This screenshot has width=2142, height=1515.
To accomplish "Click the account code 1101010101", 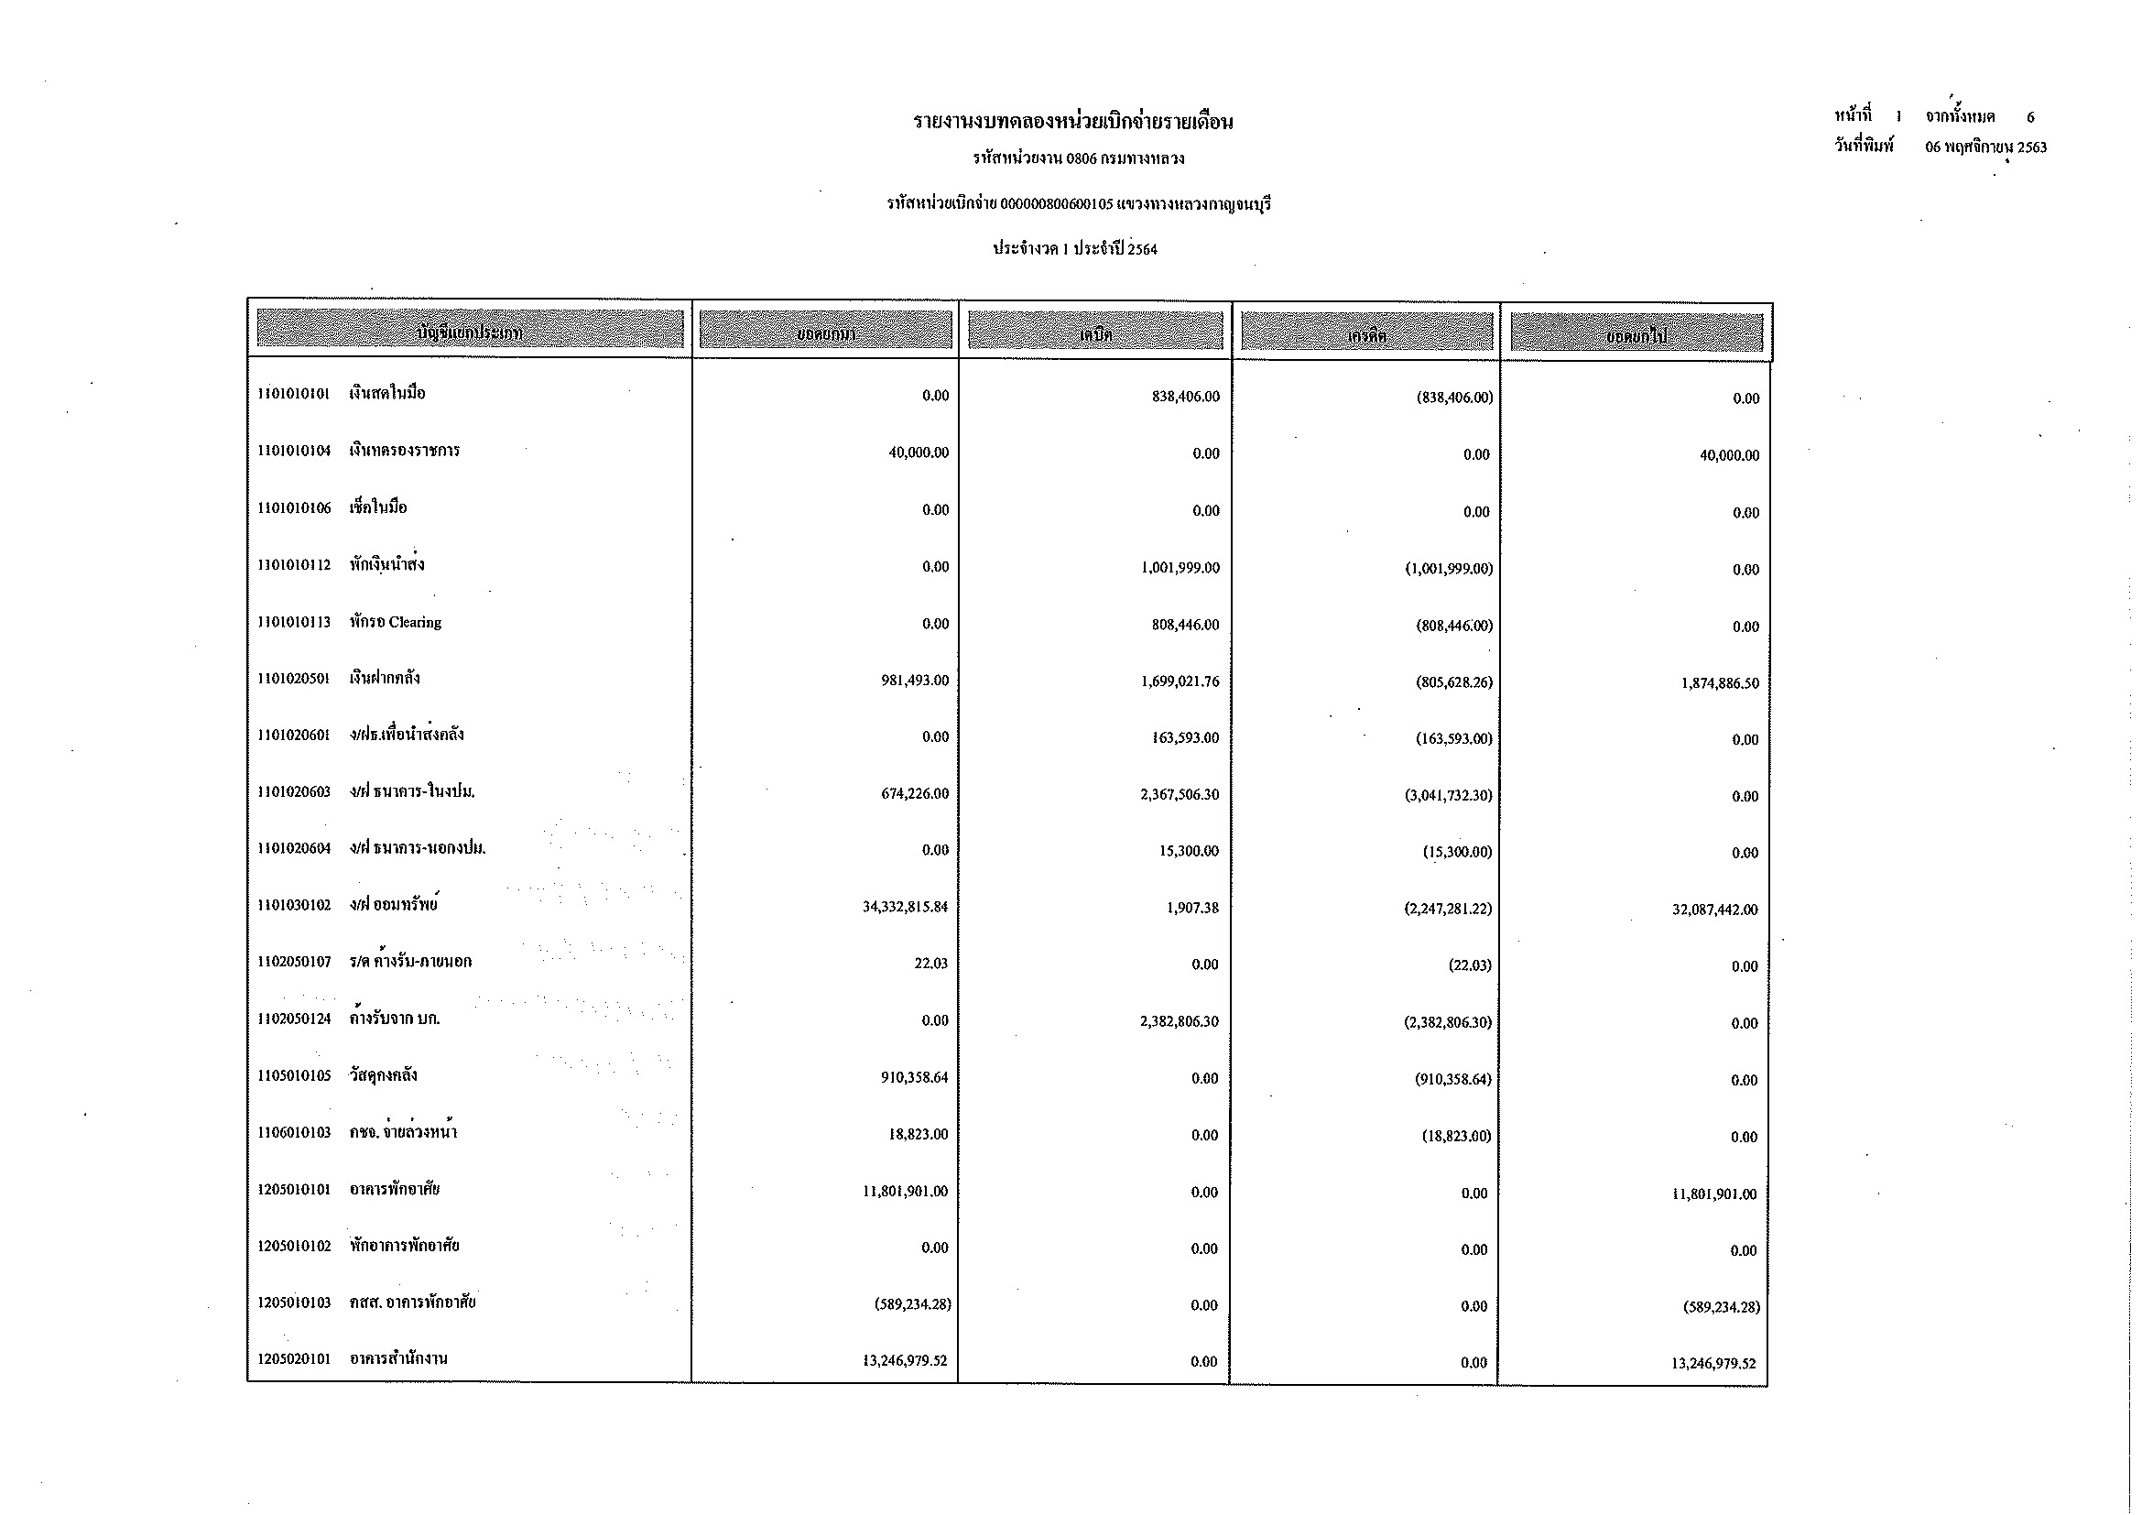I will click(293, 394).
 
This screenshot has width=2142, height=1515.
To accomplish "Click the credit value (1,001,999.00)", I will click(1449, 569).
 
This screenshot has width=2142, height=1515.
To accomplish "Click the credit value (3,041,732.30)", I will click(1448, 796).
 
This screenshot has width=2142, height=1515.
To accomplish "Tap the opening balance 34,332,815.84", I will click(904, 907).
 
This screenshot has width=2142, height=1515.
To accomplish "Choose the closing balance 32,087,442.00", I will click(1714, 910).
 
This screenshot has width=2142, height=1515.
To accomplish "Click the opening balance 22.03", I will click(930, 964).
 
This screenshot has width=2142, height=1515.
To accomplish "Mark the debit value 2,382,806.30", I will click(1179, 1021).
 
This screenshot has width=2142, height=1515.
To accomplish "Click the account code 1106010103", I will click(294, 1132).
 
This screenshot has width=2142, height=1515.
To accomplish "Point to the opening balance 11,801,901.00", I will click(904, 1192).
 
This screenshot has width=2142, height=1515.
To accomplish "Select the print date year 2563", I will click(2031, 147).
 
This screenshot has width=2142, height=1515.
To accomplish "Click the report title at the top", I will click(1073, 122).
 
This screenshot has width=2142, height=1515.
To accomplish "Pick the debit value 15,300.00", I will click(1189, 852).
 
